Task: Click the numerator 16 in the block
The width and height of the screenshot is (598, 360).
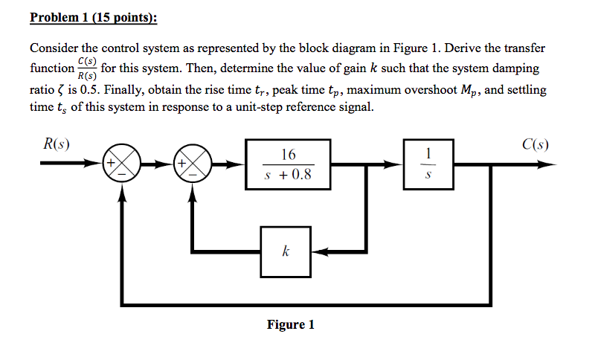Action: (x=288, y=155)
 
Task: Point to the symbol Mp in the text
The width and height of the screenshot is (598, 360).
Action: (x=469, y=91)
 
